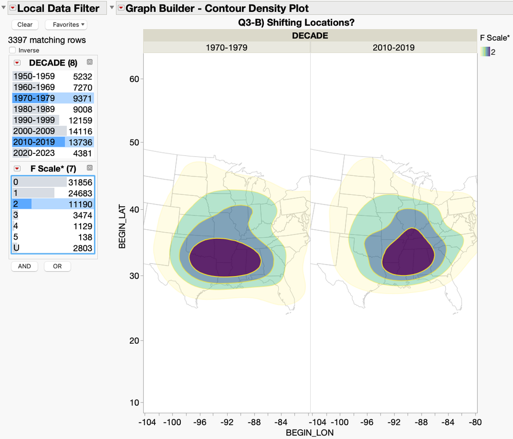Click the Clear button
pos(25,25)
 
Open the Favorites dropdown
pos(66,25)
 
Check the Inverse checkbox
pos(12,50)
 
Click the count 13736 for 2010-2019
pos(81,142)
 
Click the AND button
pos(25,266)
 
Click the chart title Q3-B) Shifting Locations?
pos(296,23)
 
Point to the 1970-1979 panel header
pos(226,47)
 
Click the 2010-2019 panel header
pos(394,47)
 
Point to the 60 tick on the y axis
pos(134,79)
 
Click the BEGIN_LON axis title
pos(310,432)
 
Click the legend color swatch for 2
pos(485,52)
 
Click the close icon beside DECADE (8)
pos(89,62)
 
